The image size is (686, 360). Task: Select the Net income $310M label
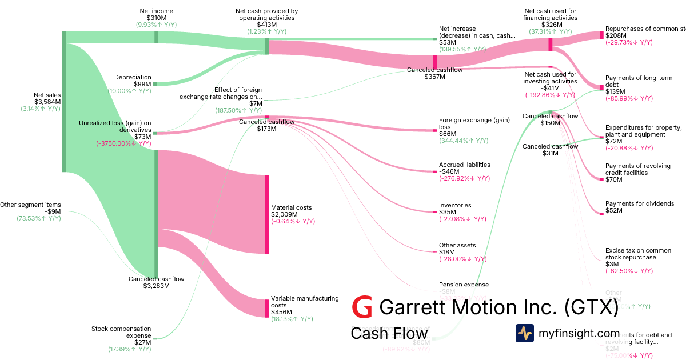point(156,14)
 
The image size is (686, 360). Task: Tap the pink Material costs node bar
point(266,214)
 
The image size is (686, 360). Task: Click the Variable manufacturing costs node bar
point(266,308)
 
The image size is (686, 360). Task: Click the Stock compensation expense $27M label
point(121,335)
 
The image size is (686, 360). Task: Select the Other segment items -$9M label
point(30,208)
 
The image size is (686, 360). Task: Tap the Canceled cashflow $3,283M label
point(156,282)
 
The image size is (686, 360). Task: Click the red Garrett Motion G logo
point(362,307)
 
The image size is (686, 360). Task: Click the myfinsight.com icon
point(524,333)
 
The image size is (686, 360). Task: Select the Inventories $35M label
point(456,209)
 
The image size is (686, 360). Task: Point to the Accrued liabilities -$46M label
point(464,168)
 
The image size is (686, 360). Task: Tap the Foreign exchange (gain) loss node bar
point(434,130)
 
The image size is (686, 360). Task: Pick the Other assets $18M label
point(457,249)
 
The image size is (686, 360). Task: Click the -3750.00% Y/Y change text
point(123,144)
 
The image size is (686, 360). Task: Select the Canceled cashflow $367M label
point(434,73)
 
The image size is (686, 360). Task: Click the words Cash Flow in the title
point(389,333)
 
